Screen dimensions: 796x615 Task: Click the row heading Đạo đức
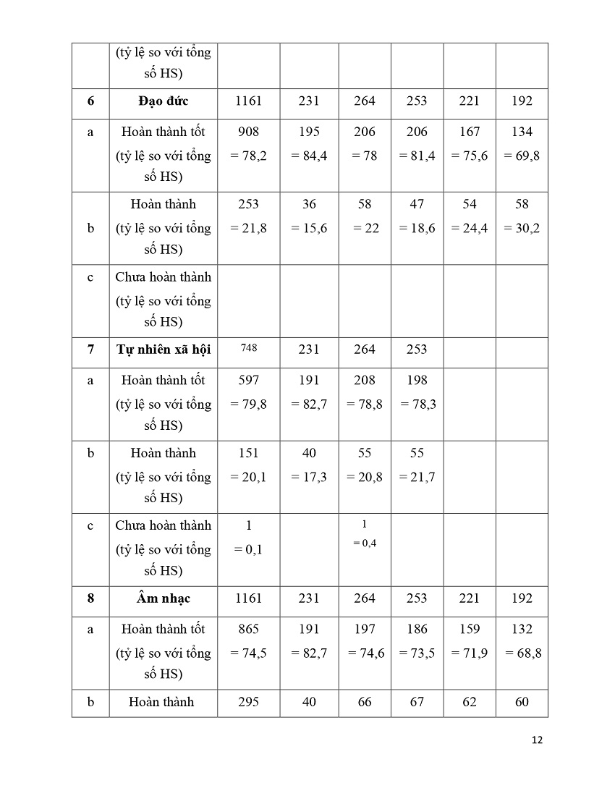(x=163, y=101)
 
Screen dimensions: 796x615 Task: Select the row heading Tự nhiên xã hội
(x=163, y=350)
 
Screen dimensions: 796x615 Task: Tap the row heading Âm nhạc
(x=163, y=598)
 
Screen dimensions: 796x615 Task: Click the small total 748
(x=248, y=347)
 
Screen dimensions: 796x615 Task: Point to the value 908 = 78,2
(x=248, y=143)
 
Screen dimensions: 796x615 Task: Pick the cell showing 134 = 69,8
(x=522, y=143)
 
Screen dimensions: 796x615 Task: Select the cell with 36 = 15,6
(x=309, y=216)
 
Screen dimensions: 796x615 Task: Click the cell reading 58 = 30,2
(x=522, y=216)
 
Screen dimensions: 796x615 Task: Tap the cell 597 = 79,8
(x=248, y=392)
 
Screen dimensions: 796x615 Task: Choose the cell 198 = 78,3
(x=417, y=392)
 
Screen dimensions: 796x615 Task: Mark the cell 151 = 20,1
(x=248, y=465)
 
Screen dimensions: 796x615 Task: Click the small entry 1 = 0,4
(x=365, y=533)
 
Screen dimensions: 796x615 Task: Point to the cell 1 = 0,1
(x=248, y=537)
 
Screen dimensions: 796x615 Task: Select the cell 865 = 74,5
(x=248, y=640)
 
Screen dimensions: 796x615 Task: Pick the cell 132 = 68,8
(x=522, y=640)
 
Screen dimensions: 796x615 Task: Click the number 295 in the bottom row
(x=248, y=702)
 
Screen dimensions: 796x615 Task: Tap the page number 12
(x=537, y=740)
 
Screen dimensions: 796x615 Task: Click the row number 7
(x=90, y=350)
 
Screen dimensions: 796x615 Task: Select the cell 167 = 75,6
(x=470, y=143)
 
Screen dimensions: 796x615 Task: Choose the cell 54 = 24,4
(x=470, y=216)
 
